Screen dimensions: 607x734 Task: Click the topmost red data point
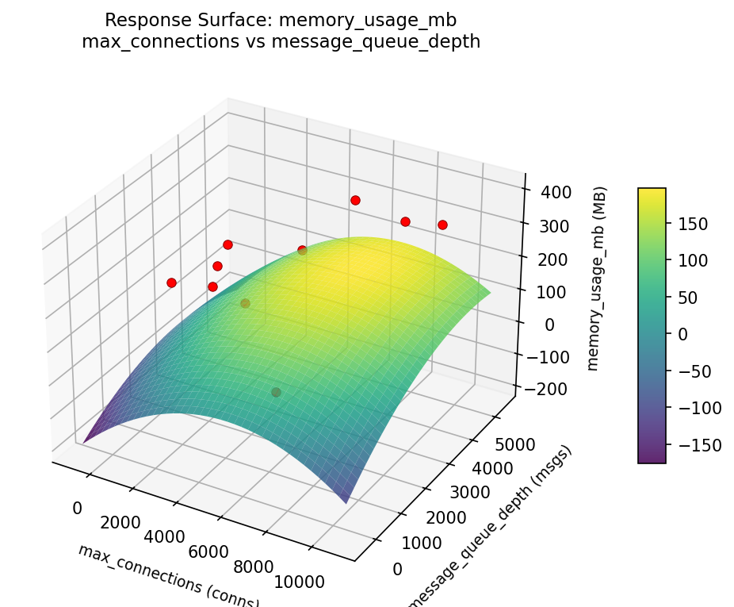point(355,200)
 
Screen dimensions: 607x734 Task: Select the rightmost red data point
point(442,225)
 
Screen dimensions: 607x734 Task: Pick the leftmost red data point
point(171,282)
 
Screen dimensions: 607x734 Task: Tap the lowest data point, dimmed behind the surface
point(276,392)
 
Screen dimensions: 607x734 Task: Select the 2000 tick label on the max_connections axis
point(120,523)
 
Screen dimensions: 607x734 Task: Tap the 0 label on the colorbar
point(682,334)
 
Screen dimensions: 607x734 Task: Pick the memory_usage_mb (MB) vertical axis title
point(601,278)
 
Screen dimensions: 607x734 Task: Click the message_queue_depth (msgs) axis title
point(489,528)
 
